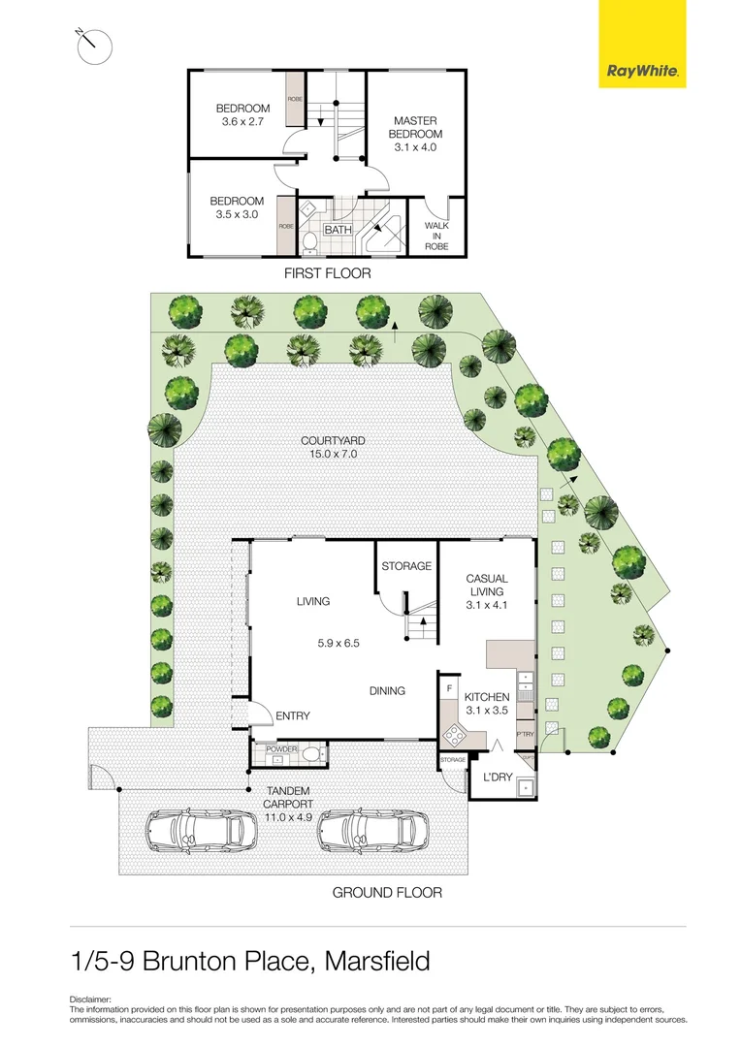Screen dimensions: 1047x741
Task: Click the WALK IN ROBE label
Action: point(436,236)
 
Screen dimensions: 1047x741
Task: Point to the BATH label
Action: point(338,230)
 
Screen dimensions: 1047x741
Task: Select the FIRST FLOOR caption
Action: point(327,274)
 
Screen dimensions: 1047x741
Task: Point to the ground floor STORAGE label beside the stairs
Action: point(405,566)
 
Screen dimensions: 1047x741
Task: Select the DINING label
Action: point(387,691)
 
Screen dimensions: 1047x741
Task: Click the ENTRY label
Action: point(292,716)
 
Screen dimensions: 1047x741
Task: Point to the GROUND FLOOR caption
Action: point(387,892)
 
